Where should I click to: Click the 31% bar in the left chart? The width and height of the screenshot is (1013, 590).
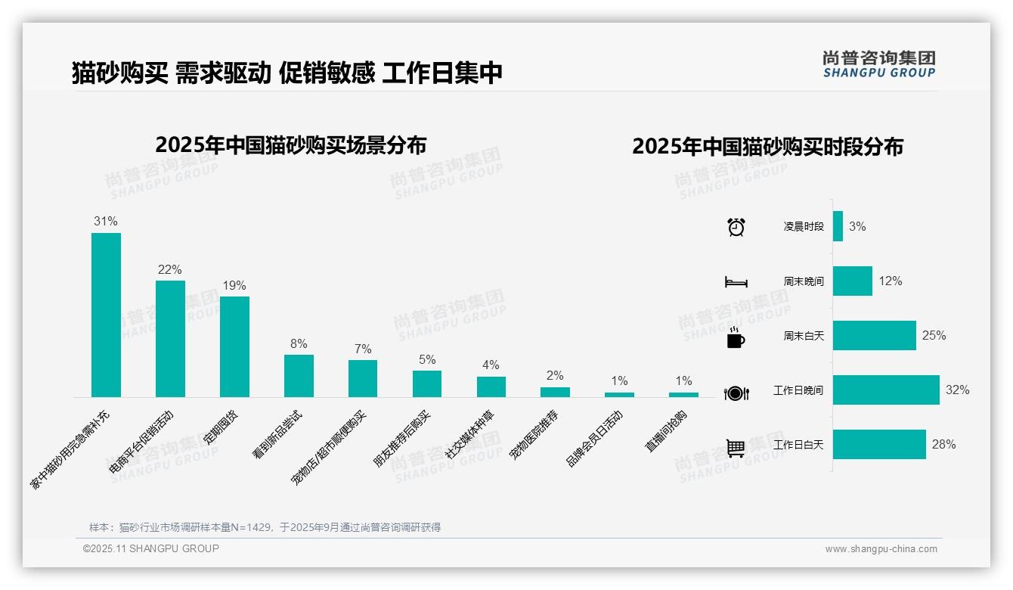point(106,315)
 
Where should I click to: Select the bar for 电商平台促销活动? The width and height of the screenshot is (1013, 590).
point(170,339)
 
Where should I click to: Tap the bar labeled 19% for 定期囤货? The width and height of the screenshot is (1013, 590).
point(234,346)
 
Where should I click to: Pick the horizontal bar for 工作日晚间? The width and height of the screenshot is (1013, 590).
point(886,390)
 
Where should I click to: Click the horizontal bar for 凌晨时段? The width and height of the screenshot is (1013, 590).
point(838,226)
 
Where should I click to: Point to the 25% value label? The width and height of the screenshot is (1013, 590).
point(934,335)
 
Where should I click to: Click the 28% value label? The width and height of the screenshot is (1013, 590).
point(943,445)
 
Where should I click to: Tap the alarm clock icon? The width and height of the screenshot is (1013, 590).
point(736,227)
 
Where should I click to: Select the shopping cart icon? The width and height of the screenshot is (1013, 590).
point(736,448)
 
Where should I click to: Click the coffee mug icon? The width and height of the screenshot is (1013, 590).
point(736,337)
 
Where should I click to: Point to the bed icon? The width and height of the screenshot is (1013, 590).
point(736,282)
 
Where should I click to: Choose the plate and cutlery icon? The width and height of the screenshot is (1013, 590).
point(736,393)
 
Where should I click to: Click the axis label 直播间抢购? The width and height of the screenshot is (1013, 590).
point(666,431)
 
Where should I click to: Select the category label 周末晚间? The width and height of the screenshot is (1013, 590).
point(804,281)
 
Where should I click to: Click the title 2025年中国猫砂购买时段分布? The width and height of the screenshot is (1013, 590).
point(767,147)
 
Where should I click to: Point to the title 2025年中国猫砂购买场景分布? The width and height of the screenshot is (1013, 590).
point(291,144)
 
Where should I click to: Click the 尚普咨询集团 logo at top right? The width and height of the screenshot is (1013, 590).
point(878,64)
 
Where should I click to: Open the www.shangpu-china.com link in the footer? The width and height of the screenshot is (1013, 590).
point(881,549)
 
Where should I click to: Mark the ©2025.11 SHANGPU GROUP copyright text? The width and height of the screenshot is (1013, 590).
point(151,548)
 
